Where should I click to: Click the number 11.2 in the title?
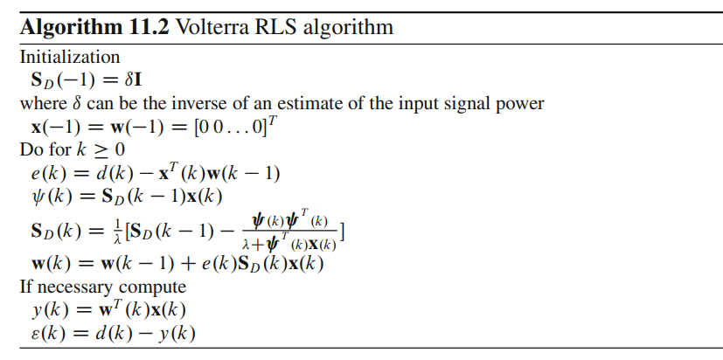(145, 27)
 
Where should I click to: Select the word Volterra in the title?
(212, 27)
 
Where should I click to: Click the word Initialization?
(70, 58)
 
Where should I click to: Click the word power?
(521, 104)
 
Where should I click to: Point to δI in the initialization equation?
(140, 80)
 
